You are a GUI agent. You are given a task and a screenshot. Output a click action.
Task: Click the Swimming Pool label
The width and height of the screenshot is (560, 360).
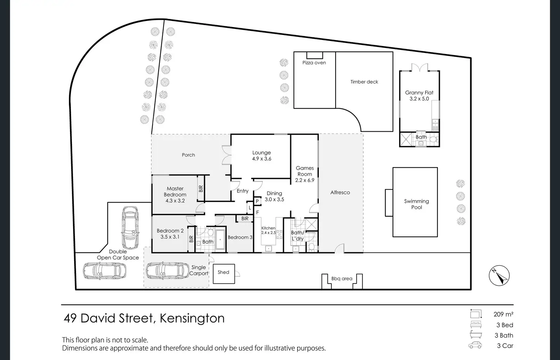pos(417,204)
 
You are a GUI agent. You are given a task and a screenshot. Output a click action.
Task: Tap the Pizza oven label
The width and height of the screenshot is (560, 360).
pos(314,63)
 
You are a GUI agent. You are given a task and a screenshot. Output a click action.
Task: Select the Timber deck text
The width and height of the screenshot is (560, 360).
pos(364,82)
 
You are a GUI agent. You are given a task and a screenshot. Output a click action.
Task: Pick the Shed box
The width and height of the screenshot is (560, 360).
pos(224,274)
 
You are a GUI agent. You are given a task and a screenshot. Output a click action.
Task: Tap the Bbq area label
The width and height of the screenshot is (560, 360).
pos(342,279)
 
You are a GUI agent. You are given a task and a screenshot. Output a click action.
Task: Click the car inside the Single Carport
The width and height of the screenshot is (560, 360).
pos(168,271)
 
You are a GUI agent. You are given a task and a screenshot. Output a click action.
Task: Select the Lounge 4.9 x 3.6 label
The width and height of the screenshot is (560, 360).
pos(262,156)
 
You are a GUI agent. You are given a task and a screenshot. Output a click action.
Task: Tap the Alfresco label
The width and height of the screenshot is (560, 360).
pos(340,193)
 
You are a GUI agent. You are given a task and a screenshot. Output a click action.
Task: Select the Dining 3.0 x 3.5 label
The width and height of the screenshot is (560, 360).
pos(274,196)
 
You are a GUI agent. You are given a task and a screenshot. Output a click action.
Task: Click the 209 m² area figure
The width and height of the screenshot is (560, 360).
pos(503,314)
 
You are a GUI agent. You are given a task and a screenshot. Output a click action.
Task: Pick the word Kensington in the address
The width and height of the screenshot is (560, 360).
pos(192,318)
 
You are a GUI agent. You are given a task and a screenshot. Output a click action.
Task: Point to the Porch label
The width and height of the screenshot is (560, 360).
pos(188,155)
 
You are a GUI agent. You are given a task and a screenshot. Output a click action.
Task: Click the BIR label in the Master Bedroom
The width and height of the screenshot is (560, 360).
pos(201,188)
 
